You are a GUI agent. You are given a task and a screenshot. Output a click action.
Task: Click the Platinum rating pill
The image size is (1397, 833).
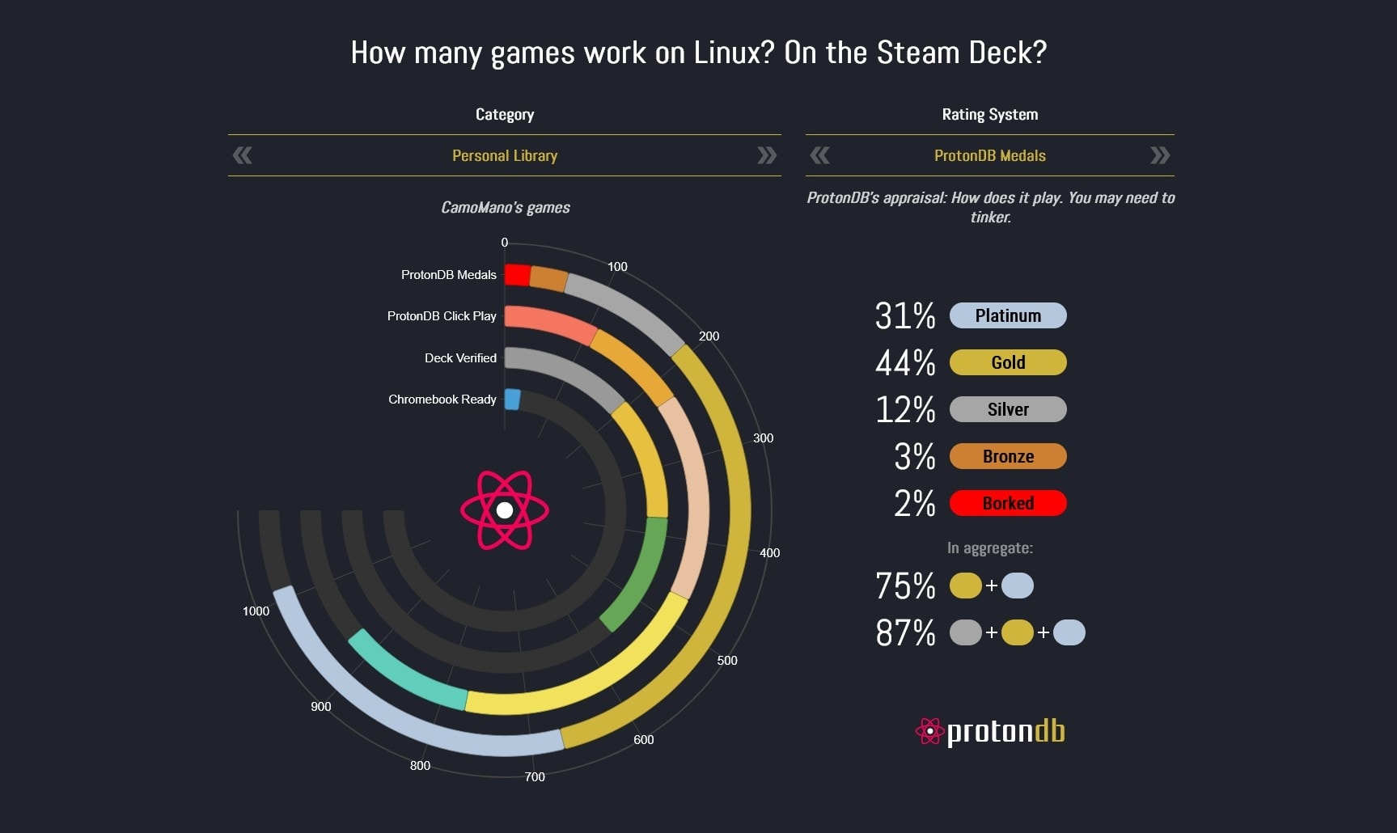click(1008, 315)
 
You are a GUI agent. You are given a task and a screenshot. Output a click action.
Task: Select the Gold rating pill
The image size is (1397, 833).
click(1008, 362)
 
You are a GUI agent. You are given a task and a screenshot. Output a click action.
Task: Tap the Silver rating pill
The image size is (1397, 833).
click(1008, 409)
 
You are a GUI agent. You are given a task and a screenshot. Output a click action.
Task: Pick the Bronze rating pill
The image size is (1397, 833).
click(1008, 456)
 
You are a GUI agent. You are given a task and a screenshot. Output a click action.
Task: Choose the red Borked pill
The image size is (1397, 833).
click(1008, 503)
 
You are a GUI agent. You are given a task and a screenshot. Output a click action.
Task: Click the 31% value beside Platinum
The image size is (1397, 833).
click(904, 316)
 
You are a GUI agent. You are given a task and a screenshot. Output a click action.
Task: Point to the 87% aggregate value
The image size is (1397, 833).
click(904, 633)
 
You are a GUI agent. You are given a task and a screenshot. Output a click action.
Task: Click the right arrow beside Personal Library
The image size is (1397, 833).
click(766, 155)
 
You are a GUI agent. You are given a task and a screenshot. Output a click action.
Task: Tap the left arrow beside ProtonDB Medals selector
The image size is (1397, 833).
click(819, 155)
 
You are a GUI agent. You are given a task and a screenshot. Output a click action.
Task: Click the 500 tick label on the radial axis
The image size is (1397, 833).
click(727, 661)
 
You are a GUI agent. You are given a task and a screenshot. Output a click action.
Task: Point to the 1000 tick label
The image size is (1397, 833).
click(256, 611)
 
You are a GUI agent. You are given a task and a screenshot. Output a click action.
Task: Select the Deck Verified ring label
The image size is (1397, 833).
click(460, 358)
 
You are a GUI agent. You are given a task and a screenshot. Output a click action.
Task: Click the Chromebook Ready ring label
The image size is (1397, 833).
click(442, 400)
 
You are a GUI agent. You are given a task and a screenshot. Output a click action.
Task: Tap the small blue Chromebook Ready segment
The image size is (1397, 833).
click(512, 400)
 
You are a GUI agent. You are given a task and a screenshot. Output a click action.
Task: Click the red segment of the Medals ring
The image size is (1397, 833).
click(517, 275)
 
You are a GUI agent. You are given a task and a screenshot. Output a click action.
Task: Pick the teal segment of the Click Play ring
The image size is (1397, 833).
click(405, 672)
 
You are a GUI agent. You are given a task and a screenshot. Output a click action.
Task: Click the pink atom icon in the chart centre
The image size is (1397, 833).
click(505, 510)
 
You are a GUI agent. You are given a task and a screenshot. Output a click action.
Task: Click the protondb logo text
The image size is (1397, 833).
click(1005, 731)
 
